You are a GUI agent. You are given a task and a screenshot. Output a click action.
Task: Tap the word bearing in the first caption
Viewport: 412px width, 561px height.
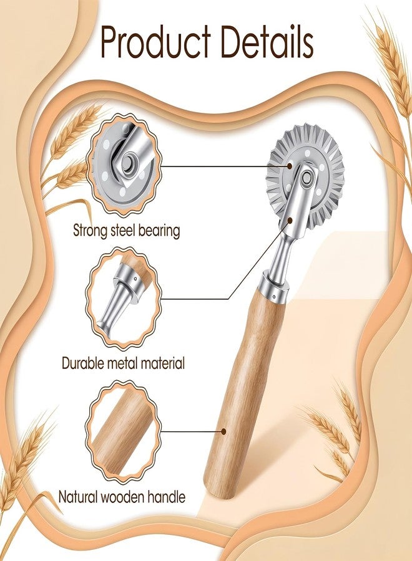pos(159,231)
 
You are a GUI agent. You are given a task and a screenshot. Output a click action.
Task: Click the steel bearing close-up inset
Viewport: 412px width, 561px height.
pos(124,166)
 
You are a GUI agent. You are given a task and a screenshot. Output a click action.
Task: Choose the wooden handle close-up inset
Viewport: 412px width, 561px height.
pos(124,432)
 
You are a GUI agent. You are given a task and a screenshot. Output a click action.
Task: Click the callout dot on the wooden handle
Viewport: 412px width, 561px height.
pos(223,432)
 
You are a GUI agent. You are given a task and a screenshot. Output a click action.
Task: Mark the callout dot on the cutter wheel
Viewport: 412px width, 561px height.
pos(290,166)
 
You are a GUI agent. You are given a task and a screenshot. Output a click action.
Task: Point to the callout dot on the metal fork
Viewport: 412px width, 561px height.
pos(290,221)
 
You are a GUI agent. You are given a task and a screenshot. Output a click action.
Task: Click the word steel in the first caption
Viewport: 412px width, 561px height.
pos(123,230)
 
